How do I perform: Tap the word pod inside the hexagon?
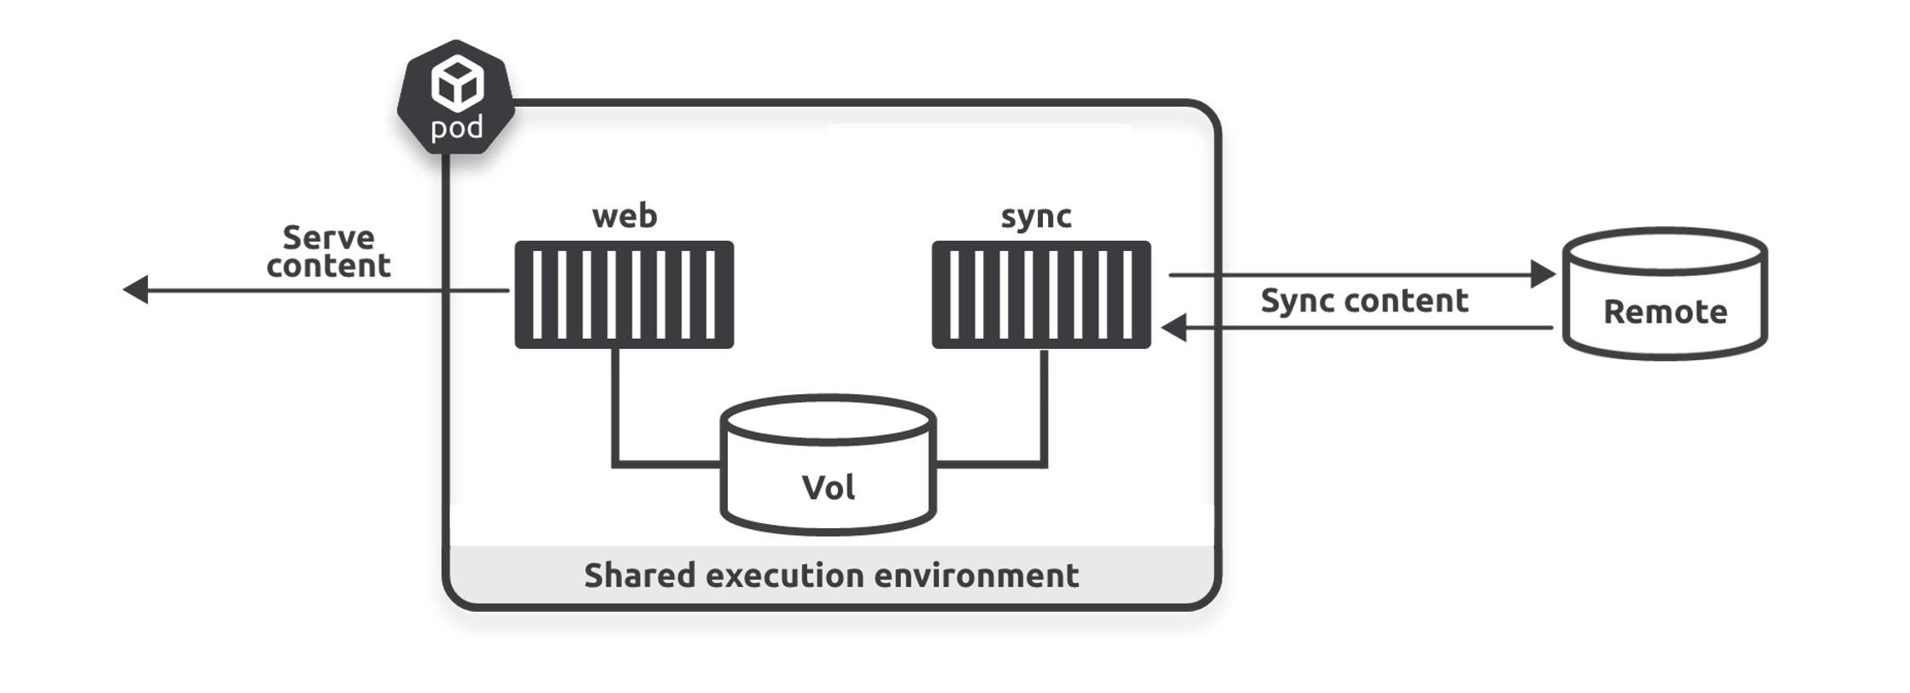tap(456, 128)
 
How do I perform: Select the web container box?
tap(624, 294)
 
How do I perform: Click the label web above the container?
tap(624, 216)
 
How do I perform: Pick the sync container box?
tap(1040, 294)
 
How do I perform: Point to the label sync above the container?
tap(1036, 217)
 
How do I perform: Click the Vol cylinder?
tap(828, 465)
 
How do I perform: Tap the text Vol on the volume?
tap(828, 488)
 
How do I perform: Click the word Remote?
tap(1665, 312)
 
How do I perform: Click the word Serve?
tap(328, 237)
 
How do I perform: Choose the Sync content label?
tap(1364, 300)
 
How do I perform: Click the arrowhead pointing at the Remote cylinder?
tap(1542, 274)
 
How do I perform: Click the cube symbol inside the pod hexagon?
tap(457, 83)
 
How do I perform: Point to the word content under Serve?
tap(328, 266)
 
